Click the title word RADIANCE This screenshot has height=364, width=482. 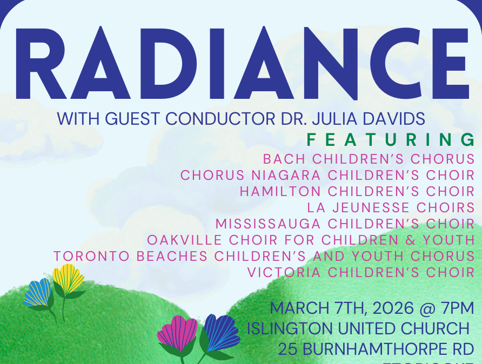tap(241, 64)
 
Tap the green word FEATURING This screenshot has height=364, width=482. tap(391, 140)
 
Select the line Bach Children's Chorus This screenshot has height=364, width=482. tap(369, 160)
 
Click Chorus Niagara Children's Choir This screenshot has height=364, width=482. tap(327, 176)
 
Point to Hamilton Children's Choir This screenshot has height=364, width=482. tap(357, 192)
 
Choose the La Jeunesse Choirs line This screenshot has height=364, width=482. tap(391, 207)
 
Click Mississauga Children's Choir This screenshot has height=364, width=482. tap(345, 224)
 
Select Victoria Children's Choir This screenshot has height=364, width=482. tap(360, 272)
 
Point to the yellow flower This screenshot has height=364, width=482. tap(69, 279)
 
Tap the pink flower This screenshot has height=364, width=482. tap(177, 333)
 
